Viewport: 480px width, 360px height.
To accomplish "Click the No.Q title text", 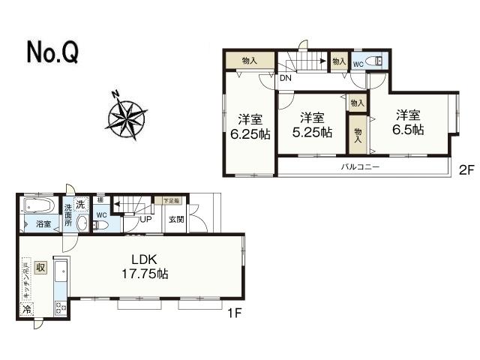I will pos(52,52).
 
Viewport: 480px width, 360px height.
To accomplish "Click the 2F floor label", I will pos(466,170).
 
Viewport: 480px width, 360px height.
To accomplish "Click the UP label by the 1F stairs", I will pos(145,219).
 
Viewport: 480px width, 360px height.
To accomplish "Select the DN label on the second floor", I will pos(285,77).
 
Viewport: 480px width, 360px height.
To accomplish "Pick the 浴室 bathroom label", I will pos(43,223).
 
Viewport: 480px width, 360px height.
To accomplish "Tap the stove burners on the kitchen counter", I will pos(61,308).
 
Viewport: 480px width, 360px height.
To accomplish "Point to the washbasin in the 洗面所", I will pos(82,223).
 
